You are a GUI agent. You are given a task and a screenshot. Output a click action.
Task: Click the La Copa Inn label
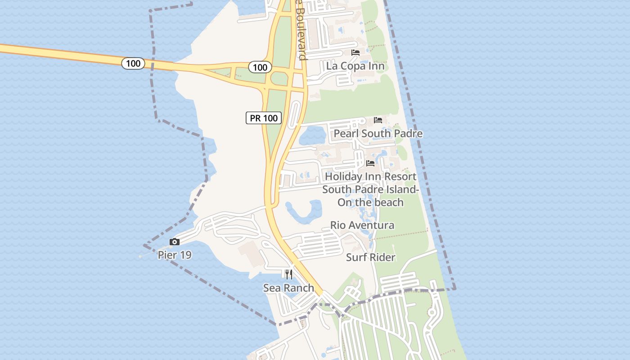click(x=355, y=66)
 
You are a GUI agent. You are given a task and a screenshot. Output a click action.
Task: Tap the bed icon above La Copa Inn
click(x=355, y=53)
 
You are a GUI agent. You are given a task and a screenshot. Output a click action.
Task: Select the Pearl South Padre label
click(x=378, y=134)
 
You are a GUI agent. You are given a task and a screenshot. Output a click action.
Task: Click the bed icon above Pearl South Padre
click(x=378, y=120)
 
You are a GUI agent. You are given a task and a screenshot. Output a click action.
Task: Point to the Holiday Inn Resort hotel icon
click(x=370, y=163)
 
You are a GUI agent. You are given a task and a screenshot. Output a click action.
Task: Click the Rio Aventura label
click(x=362, y=225)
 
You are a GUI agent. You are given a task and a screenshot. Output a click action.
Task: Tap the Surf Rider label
click(x=370, y=257)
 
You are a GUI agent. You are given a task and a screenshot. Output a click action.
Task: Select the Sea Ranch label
click(x=288, y=288)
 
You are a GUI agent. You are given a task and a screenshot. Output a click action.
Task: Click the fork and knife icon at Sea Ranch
click(x=289, y=274)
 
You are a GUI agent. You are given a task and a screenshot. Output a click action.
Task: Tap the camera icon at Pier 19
click(x=175, y=242)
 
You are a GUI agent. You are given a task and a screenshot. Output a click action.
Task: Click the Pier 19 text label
click(x=175, y=255)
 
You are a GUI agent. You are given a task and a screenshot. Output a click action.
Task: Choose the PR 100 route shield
click(x=264, y=118)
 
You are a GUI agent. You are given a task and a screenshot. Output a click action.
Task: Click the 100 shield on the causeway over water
click(x=133, y=63)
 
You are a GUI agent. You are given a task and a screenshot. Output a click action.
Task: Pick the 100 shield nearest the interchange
click(x=260, y=67)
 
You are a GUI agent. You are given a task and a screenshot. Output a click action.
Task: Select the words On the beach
click(x=370, y=202)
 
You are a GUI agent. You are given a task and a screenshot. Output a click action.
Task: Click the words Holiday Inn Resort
click(x=370, y=176)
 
